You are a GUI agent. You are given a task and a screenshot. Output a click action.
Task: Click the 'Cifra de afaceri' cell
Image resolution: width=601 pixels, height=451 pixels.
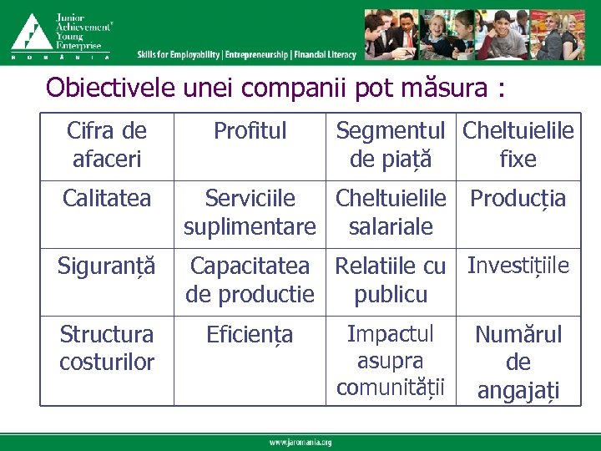click(x=106, y=144)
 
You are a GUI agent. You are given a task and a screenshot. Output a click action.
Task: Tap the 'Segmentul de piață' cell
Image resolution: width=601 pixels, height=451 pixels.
click(x=392, y=144)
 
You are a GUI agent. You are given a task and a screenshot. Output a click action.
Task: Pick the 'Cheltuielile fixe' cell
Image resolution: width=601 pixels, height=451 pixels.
click(x=518, y=144)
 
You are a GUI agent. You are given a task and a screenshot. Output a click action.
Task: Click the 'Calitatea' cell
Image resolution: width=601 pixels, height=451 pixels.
click(x=106, y=199)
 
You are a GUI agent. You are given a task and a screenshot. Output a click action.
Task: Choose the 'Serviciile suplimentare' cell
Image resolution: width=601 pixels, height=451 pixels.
click(x=250, y=212)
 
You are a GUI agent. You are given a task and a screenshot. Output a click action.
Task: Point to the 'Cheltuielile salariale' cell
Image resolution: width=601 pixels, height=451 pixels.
click(x=392, y=212)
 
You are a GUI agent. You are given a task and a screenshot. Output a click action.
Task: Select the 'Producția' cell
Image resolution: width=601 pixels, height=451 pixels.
click(x=518, y=199)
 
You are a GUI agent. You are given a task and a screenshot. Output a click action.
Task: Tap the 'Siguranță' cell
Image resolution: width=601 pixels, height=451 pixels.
click(x=106, y=266)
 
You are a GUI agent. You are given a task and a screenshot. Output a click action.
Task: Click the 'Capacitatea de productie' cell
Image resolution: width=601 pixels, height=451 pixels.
click(x=250, y=280)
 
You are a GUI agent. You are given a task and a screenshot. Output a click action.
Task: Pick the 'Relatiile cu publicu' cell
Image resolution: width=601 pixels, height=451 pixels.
click(x=392, y=280)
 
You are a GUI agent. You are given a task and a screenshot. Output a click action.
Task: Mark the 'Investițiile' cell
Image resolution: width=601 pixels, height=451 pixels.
click(x=518, y=266)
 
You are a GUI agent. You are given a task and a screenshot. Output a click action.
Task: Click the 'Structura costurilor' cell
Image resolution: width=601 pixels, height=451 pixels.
click(x=106, y=348)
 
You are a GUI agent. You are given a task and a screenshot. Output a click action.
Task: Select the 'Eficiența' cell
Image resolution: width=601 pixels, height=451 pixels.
click(x=250, y=336)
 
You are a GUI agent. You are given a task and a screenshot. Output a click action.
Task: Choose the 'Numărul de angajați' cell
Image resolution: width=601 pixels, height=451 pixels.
click(x=518, y=362)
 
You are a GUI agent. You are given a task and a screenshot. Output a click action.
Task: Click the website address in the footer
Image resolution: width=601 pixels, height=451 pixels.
click(x=300, y=442)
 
